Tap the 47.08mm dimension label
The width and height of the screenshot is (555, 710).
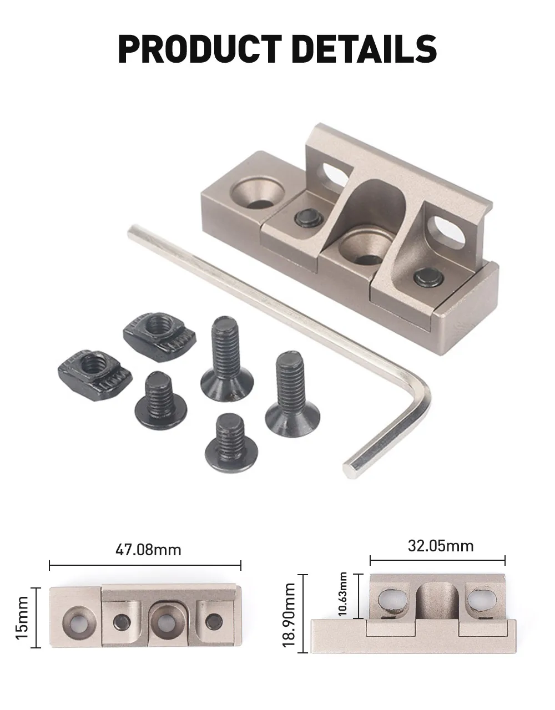pyautogui.click(x=148, y=550)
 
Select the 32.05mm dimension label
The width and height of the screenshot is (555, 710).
pyautogui.click(x=440, y=546)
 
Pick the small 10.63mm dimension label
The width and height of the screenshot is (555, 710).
pyautogui.click(x=343, y=594)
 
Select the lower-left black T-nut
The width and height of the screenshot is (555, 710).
pyautogui.click(x=95, y=375)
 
